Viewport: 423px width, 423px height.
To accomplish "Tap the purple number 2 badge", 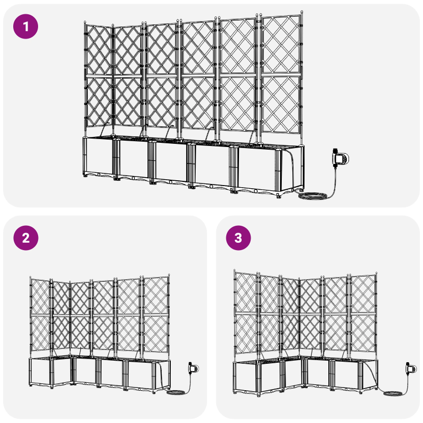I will pyautogui.click(x=26, y=238).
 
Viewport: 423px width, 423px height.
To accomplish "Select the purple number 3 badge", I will pyautogui.click(x=238, y=238).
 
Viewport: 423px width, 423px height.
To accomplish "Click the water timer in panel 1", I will pyautogui.click(x=340, y=158).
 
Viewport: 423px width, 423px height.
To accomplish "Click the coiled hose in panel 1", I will pyautogui.click(x=312, y=196).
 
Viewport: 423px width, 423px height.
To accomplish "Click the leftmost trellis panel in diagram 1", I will pyautogui.click(x=99, y=77).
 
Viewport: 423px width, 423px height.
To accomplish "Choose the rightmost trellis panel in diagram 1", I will pyautogui.click(x=281, y=74).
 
